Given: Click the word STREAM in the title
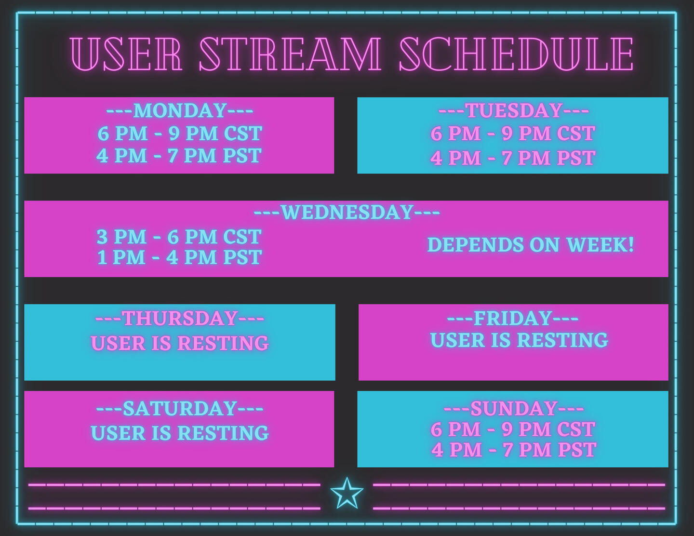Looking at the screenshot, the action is (x=290, y=54).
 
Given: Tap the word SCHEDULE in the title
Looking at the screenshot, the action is (x=517, y=54).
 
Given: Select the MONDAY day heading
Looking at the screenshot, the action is (x=180, y=110).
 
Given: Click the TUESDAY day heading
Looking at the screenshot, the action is (x=514, y=110).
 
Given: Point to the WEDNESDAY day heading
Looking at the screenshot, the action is (x=347, y=212).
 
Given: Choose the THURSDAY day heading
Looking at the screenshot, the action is (x=180, y=318).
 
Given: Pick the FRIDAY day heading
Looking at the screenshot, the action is (x=513, y=318).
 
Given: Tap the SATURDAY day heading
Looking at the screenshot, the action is (x=180, y=408).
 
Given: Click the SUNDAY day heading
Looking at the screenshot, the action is (x=514, y=408).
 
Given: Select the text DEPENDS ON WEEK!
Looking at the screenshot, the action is (x=531, y=245).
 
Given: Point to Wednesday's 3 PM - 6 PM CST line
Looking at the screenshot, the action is (x=179, y=237).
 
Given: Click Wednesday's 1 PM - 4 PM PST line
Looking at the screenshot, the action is (x=179, y=257).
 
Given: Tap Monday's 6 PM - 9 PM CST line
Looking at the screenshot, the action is (x=180, y=133).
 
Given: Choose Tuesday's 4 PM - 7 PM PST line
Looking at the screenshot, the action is (x=513, y=158).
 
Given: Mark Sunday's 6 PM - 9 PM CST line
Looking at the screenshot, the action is (x=513, y=429).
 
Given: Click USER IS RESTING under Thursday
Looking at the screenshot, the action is (x=180, y=343).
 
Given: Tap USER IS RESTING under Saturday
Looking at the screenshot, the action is (x=180, y=433).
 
